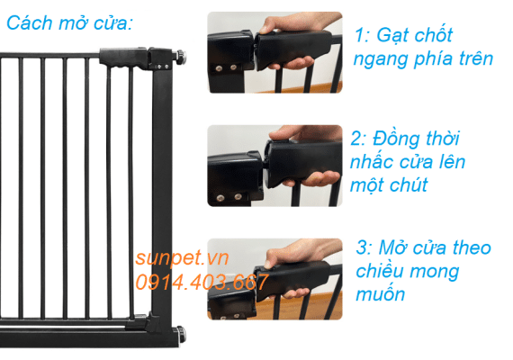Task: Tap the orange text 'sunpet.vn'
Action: coord(183,258)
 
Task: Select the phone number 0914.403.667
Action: coord(201,282)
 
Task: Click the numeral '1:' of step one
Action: coord(364,36)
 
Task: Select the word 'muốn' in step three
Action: coord(381,294)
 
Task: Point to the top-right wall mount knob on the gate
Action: coord(183,58)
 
